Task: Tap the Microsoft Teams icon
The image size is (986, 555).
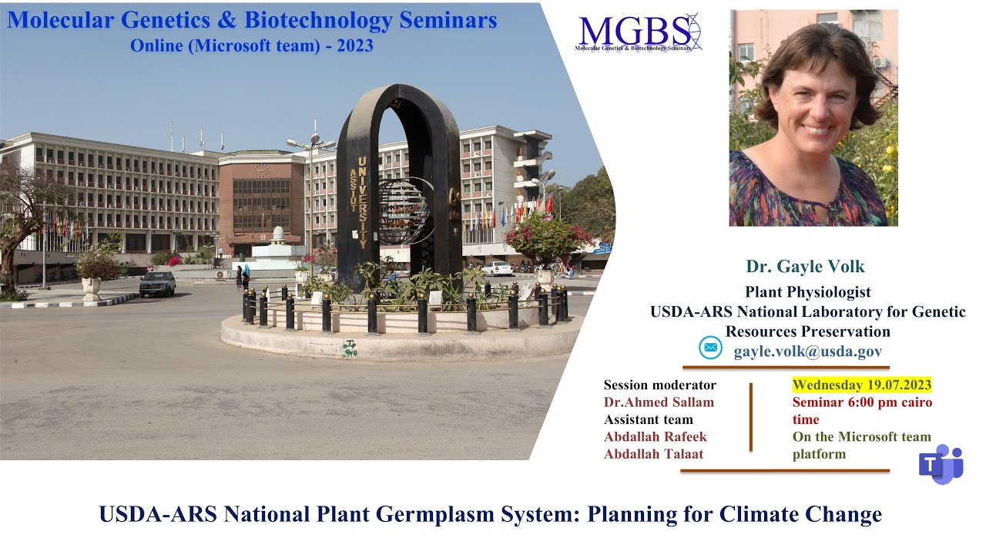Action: [941, 464]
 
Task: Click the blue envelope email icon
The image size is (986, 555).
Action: [710, 348]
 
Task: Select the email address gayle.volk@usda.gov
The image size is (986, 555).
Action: [807, 351]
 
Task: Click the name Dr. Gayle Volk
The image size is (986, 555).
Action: [805, 267]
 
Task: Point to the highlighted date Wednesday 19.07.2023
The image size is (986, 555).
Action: [862, 385]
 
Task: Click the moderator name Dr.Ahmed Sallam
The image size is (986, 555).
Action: [659, 402]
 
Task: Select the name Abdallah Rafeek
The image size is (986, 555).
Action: [655, 436]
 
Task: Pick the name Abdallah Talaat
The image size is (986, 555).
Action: [653, 453]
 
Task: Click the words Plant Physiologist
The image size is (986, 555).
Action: [807, 292]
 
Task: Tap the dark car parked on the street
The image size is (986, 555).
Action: [157, 284]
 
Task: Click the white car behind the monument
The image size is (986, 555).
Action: [497, 268]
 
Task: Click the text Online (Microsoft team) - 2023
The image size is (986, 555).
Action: [251, 45]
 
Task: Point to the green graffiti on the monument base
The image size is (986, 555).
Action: [350, 348]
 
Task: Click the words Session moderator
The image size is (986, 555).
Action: [659, 385]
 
